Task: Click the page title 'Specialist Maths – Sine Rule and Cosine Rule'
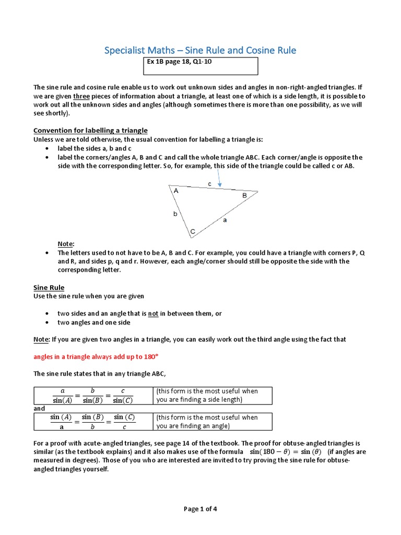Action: pyautogui.click(x=200, y=50)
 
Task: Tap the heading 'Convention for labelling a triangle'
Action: pyautogui.click(x=90, y=130)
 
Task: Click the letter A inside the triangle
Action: pyautogui.click(x=176, y=191)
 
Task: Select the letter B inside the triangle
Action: pyautogui.click(x=244, y=195)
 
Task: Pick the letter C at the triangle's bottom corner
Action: pyautogui.click(x=192, y=231)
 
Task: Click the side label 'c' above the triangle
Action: pyautogui.click(x=209, y=184)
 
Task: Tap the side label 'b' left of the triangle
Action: pyautogui.click(x=175, y=214)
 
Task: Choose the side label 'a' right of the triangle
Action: pyautogui.click(x=225, y=220)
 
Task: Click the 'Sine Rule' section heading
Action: pyautogui.click(x=49, y=287)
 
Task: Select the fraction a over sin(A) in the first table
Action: pyautogui.click(x=63, y=396)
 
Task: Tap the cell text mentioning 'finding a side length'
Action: pyautogui.click(x=207, y=396)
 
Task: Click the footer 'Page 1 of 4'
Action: pyautogui.click(x=200, y=510)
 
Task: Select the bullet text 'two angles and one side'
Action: pyautogui.click(x=94, y=322)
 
